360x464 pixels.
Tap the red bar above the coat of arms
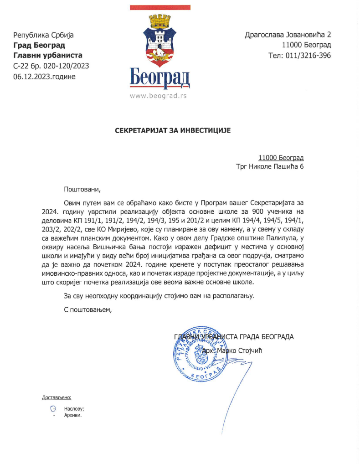tap(159, 8)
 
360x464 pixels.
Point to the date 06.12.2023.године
tap(45, 76)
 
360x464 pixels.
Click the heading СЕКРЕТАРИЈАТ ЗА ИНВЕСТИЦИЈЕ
tap(173, 130)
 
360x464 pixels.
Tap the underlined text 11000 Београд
tap(281, 158)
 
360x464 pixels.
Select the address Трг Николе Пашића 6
tap(270, 167)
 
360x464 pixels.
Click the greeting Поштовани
tap(82, 189)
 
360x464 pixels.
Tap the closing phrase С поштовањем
tap(88, 310)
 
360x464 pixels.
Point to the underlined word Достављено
tap(57, 397)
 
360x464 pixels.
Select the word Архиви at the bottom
tap(73, 415)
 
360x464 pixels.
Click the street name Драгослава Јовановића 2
tap(288, 35)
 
